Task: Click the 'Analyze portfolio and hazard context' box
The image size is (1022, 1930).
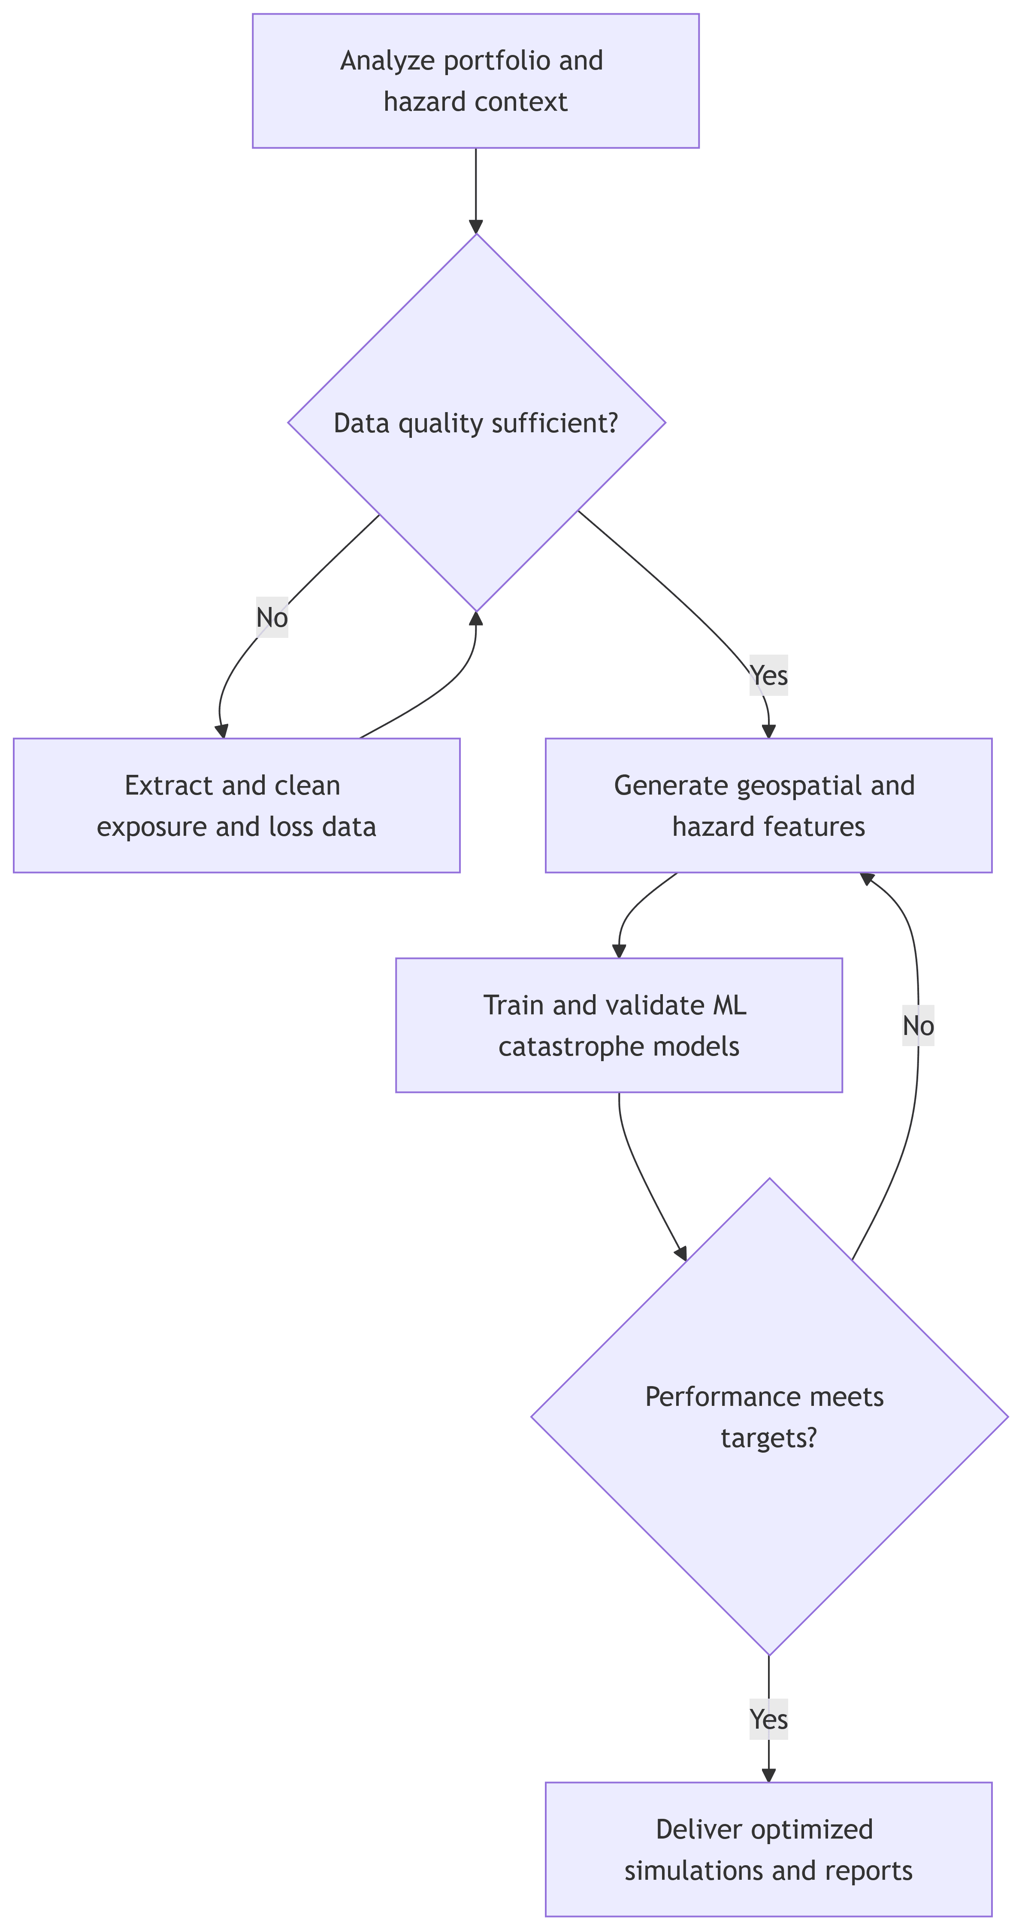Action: coord(475,80)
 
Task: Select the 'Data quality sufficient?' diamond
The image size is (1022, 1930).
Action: coord(476,422)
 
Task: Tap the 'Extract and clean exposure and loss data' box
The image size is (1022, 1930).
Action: coord(236,805)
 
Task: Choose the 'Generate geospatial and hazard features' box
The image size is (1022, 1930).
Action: coord(768,805)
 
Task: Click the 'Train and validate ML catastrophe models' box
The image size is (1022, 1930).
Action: coord(618,1025)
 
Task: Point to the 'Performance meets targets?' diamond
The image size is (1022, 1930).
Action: coord(769,1416)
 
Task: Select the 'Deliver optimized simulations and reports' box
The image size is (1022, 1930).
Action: coord(768,1849)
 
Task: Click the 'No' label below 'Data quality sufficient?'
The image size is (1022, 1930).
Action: coord(272,617)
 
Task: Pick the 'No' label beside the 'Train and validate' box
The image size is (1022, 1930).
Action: coord(918,1026)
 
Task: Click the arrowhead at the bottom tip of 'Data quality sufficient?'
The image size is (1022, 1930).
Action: coord(476,618)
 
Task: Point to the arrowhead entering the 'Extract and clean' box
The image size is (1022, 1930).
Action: coord(222,731)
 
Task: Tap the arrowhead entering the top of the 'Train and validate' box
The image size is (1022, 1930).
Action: coord(618,951)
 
